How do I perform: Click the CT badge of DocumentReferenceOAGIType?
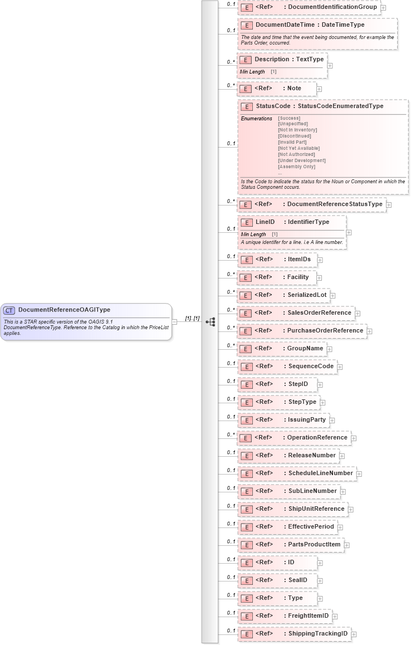tap(9, 310)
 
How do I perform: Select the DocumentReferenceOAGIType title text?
tap(64, 310)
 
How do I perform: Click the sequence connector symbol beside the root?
tap(211, 322)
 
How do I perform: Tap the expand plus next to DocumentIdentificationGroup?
tap(383, 8)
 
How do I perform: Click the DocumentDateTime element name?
tap(285, 25)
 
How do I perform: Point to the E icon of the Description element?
tap(246, 60)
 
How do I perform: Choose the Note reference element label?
tap(294, 88)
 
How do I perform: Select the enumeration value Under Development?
tap(301, 160)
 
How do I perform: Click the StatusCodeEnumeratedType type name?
tap(340, 106)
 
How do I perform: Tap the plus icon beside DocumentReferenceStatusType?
tap(389, 204)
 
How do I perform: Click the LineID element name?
tap(265, 222)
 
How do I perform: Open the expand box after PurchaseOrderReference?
tap(369, 331)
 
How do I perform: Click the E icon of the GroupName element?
tap(246, 349)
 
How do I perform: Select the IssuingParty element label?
tap(306, 419)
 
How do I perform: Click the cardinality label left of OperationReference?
tap(231, 434)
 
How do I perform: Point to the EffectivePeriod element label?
tap(311, 526)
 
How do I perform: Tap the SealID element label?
tap(297, 580)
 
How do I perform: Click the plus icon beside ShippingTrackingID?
tap(354, 634)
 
